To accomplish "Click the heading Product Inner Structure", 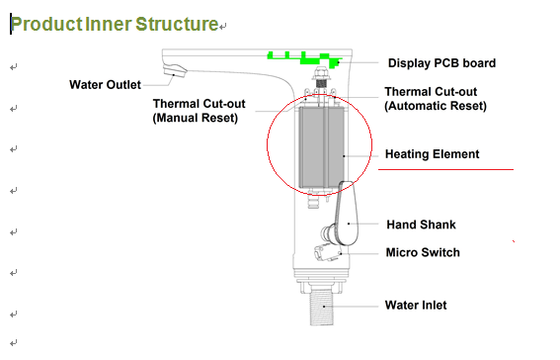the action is (115, 25).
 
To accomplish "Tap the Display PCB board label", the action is (441, 63).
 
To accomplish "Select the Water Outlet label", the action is (105, 85).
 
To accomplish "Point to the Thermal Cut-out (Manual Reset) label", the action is (199, 111).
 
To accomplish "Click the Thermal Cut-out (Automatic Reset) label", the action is (436, 98).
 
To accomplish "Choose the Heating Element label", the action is (433, 154).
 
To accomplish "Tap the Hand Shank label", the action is (421, 225).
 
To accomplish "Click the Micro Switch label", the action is (423, 252).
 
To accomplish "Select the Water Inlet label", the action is (416, 305).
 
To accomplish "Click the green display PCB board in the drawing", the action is (303, 59).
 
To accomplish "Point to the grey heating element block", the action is (322, 147).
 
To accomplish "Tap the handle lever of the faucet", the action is (346, 214).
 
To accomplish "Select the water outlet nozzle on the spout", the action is (175, 70).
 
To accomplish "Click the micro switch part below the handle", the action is (327, 252).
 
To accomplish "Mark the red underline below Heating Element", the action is (445, 169).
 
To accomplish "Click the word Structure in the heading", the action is (177, 25).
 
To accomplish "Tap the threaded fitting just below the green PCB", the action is (321, 77).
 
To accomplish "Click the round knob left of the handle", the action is (328, 234).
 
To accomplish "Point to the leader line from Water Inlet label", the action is (352, 306).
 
